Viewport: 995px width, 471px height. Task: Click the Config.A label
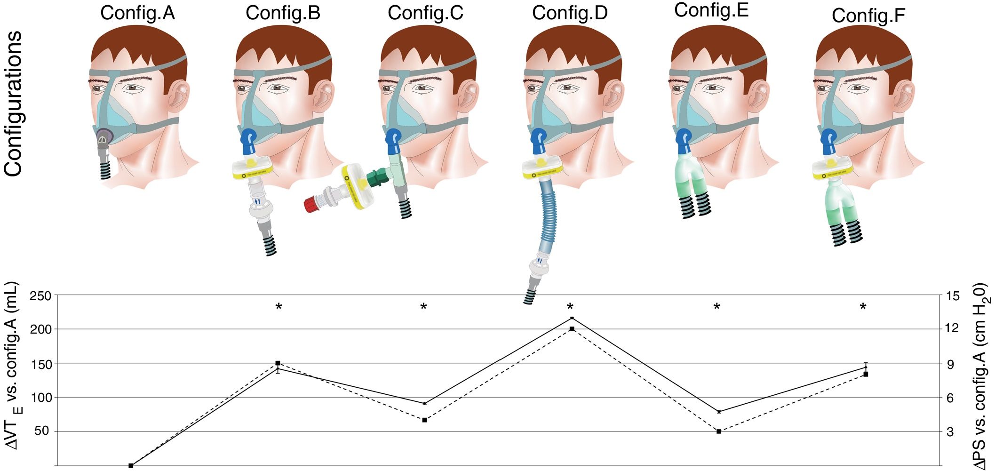click(137, 13)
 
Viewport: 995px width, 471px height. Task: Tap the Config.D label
click(570, 13)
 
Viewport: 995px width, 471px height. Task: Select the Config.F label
click(868, 16)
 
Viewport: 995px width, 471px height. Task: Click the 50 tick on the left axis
click(41, 431)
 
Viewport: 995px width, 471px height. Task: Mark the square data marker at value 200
click(572, 329)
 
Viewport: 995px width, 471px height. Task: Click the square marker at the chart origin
click(131, 465)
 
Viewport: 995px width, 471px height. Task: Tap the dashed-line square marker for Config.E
click(718, 431)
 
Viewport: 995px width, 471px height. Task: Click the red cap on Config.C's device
click(311, 206)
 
